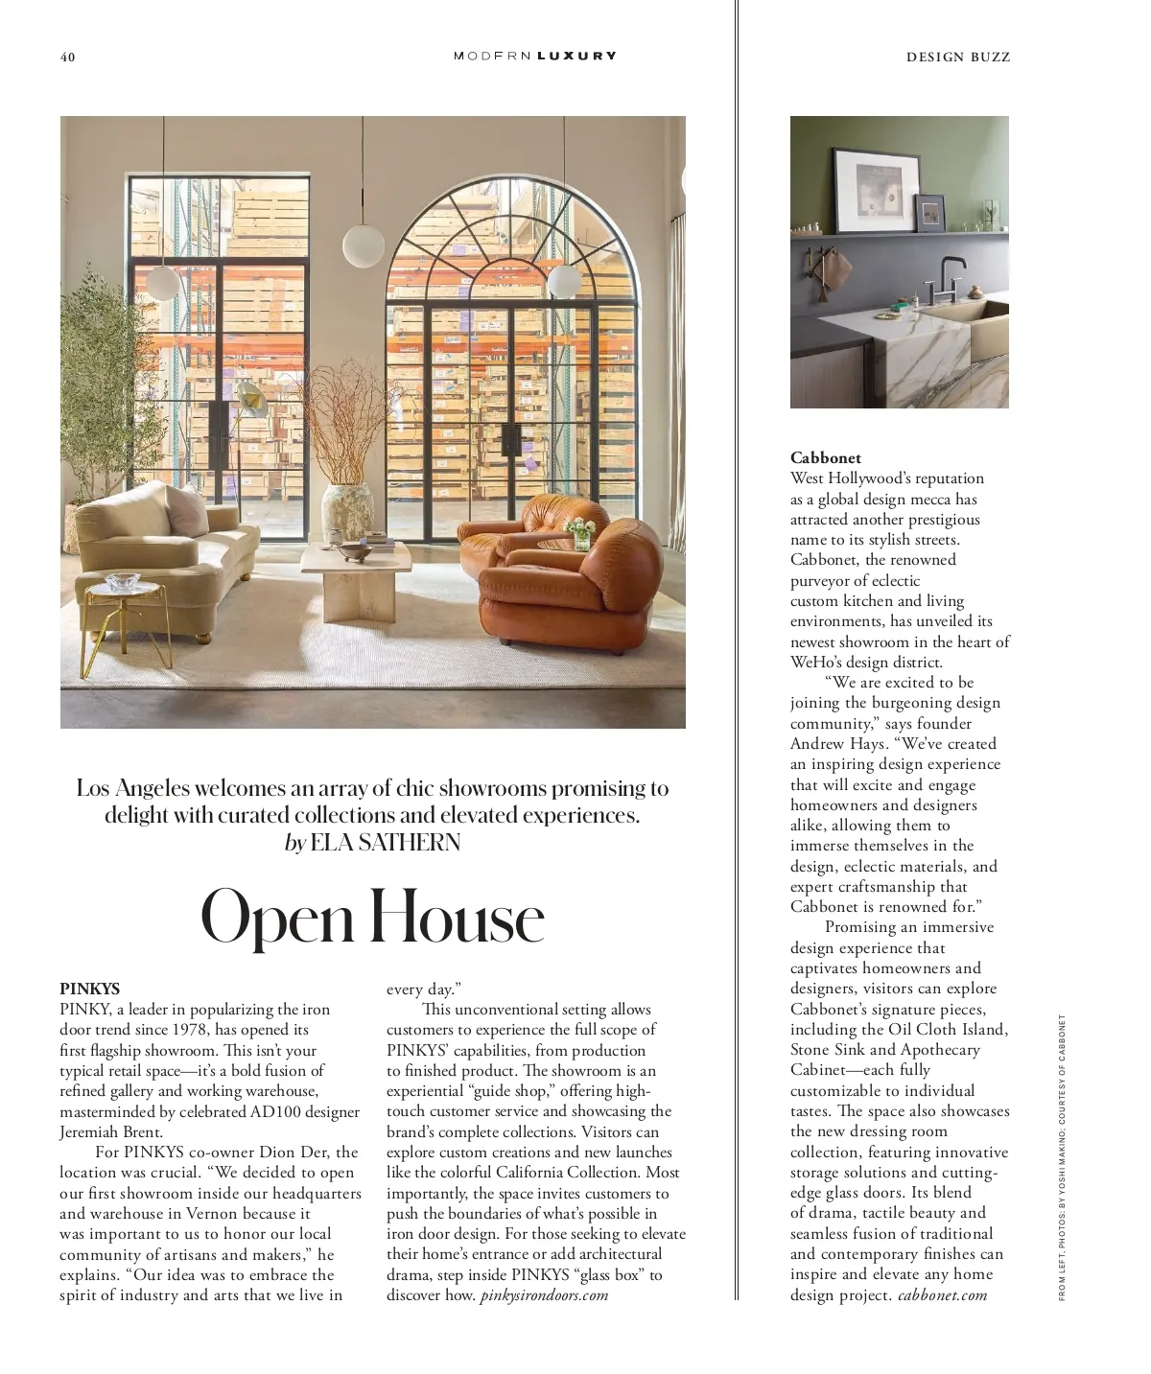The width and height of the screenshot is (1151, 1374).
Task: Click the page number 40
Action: pos(67,57)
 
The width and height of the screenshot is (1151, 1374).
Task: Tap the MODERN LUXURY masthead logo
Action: pos(534,56)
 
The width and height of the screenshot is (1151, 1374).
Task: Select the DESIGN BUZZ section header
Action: pos(958,57)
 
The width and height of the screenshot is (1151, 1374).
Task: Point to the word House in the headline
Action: pos(458,917)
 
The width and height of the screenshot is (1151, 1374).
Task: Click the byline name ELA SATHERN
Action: pos(386,843)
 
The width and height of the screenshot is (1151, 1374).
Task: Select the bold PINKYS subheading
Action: pos(90,988)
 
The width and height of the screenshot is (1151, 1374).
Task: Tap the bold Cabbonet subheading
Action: pos(826,457)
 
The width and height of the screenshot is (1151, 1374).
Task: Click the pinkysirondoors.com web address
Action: pos(544,1295)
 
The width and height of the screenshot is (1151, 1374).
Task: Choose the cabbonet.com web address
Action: pos(942,1295)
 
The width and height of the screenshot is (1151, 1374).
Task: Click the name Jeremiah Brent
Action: pos(111,1131)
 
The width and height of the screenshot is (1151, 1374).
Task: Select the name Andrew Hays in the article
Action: pos(832,743)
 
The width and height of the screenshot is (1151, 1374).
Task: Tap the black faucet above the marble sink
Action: pos(934,278)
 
